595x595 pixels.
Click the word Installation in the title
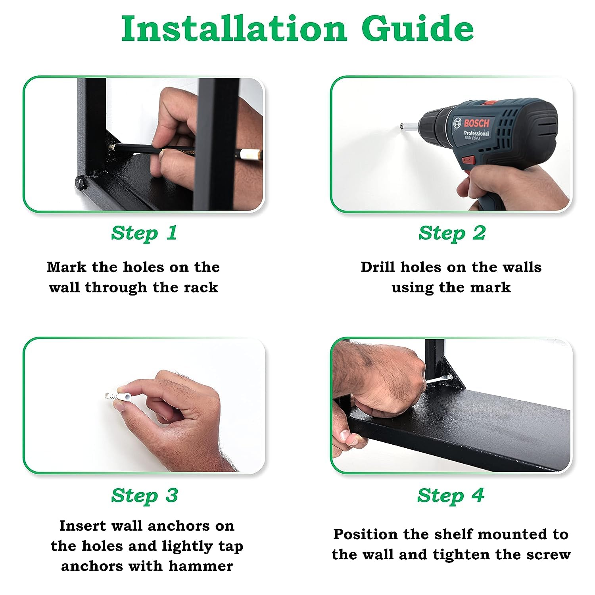tap(234, 29)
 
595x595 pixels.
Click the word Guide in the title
tap(418, 29)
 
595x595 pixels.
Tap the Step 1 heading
tap(144, 233)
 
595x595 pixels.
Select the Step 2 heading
tap(452, 233)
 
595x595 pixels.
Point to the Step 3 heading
tap(144, 495)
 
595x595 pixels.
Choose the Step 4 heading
tap(451, 495)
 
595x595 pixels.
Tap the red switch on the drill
tap(468, 160)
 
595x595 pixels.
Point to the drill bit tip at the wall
tap(401, 127)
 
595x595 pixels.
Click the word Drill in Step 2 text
tap(378, 267)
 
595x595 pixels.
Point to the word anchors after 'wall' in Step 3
tap(181, 526)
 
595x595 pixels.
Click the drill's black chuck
tap(432, 126)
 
